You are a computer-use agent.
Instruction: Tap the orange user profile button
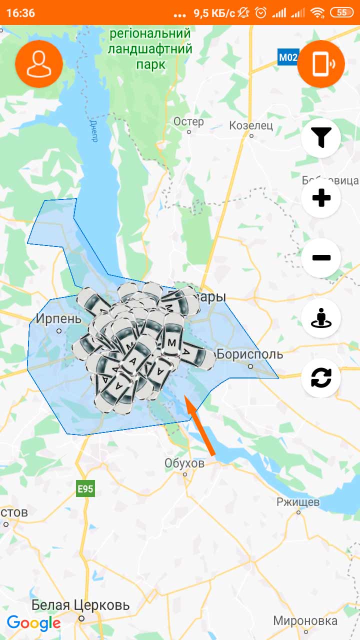39,64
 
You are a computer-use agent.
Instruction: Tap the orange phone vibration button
321,64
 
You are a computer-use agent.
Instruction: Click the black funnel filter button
321,137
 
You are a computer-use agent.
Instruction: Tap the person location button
321,318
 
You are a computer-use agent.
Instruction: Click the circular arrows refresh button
321,378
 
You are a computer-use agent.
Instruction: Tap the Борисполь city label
250,354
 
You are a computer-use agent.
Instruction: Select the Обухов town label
184,463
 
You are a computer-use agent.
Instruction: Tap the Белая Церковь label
80,605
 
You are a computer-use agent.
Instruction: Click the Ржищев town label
298,501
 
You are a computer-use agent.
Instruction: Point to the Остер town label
188,121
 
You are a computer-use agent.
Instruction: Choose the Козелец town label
251,125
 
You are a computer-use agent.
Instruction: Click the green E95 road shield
85,489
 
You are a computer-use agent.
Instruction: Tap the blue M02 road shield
287,57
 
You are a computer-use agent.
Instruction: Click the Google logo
33,623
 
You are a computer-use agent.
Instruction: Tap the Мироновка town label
305,621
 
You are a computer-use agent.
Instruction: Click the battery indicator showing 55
342,12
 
